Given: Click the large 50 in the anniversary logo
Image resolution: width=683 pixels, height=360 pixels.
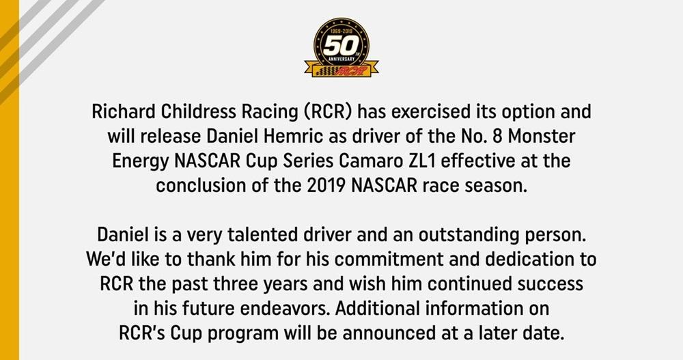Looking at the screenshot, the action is coord(341,45).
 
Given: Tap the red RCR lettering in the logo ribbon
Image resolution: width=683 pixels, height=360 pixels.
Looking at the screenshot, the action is coord(350,70).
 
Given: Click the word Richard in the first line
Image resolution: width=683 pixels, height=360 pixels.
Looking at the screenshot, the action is coord(124,111).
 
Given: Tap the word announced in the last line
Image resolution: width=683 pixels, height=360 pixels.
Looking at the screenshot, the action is coord(387,333).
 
